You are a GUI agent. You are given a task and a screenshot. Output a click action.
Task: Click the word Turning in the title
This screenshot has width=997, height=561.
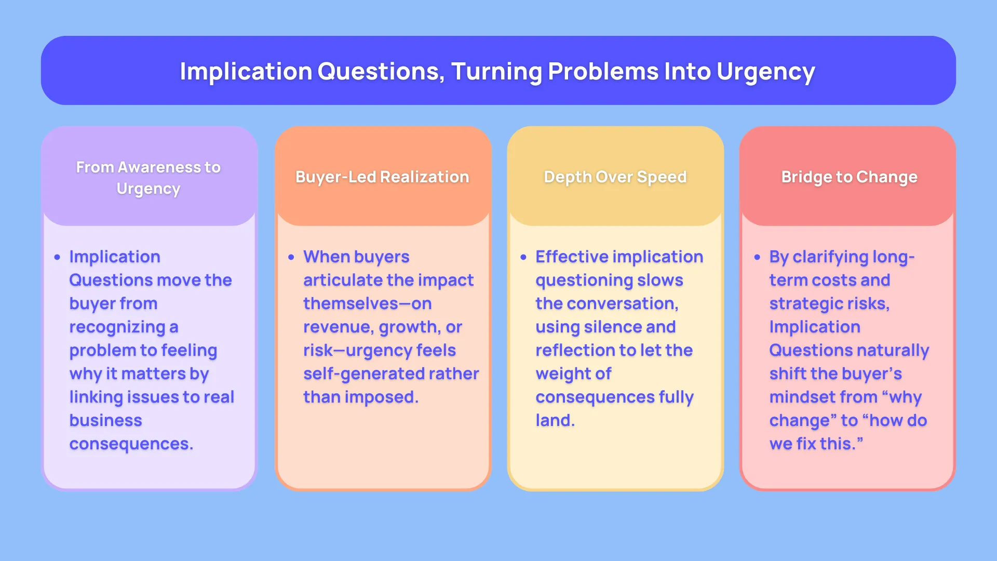pyautogui.click(x=496, y=72)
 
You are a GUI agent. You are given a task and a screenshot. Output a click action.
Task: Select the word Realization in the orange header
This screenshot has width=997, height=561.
pyautogui.click(x=424, y=177)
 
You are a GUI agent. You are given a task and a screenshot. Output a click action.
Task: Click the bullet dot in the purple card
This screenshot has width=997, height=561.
pyautogui.click(x=57, y=257)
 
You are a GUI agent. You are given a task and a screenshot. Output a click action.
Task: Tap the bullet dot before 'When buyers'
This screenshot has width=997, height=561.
pyautogui.click(x=291, y=257)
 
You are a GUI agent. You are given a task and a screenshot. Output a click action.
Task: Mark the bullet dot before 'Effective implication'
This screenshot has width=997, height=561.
pyautogui.click(x=523, y=257)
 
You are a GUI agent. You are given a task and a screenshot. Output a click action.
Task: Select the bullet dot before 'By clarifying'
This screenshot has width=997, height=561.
pyautogui.click(x=757, y=257)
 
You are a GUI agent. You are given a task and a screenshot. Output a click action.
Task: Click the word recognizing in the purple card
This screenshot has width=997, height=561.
pyautogui.click(x=117, y=327)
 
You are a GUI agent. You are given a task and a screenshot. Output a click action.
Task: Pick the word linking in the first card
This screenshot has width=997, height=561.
pyautogui.click(x=96, y=397)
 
